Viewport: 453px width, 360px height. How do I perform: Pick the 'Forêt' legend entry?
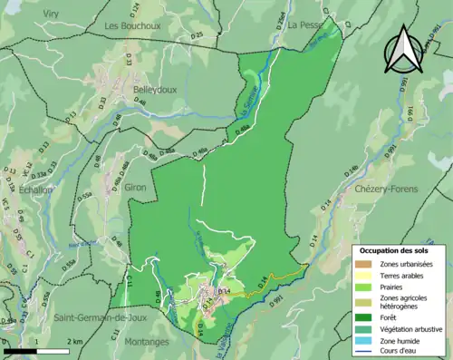(391, 316)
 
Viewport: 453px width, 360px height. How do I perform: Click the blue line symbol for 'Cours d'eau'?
(366, 354)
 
